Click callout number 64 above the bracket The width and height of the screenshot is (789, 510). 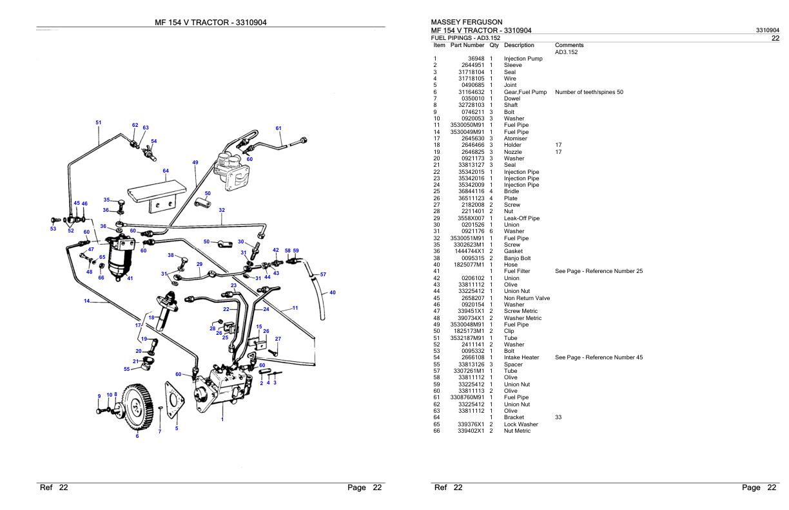click(x=166, y=171)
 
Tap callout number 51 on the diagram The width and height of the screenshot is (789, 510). click(x=98, y=122)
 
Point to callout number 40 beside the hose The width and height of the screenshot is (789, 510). click(x=333, y=292)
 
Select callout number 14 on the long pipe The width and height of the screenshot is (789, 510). click(x=86, y=301)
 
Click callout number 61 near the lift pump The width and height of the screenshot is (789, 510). click(x=278, y=128)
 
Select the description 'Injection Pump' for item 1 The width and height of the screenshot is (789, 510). click(x=523, y=59)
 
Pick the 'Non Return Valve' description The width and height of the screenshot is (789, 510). click(x=527, y=298)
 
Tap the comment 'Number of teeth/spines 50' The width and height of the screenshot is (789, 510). click(x=589, y=92)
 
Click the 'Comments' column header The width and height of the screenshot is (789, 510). click(x=569, y=45)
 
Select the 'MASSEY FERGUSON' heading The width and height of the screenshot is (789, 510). click(x=467, y=22)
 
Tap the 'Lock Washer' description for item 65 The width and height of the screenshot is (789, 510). click(x=521, y=424)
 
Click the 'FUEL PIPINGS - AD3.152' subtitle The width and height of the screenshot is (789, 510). click(x=464, y=38)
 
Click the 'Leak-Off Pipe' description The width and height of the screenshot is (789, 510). click(x=521, y=218)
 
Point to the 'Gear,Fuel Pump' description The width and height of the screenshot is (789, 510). click(x=525, y=92)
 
